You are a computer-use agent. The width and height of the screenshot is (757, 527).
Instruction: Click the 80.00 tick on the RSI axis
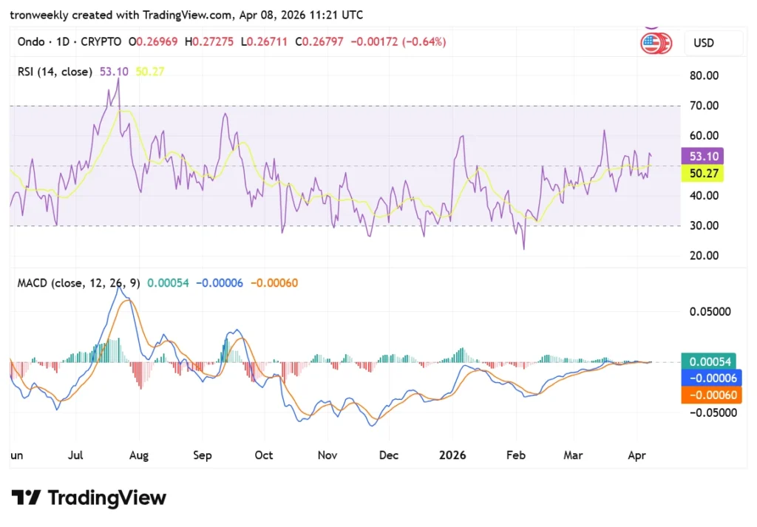point(703,75)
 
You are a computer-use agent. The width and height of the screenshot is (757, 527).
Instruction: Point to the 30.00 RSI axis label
point(703,225)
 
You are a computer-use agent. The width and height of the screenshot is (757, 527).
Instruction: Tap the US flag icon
point(651,43)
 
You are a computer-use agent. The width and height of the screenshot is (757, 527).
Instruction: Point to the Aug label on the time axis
point(139,455)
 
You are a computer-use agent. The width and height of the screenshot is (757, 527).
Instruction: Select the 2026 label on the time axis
point(452,455)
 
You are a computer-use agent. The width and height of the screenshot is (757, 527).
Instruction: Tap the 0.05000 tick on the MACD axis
point(710,311)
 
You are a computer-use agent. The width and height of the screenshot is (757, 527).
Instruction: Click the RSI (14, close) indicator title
point(55,72)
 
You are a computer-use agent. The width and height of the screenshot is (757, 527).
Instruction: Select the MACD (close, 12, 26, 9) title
point(78,282)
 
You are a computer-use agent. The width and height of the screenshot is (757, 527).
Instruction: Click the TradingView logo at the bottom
point(89,497)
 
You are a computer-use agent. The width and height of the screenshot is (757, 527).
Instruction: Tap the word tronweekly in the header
point(41,15)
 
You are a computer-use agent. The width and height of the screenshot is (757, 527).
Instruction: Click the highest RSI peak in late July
point(118,78)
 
